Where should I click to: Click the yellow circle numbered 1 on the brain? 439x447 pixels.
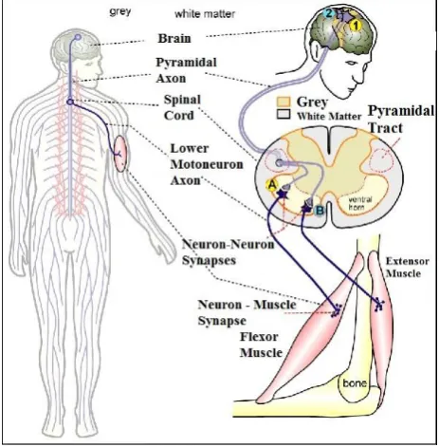pyautogui.click(x=356, y=26)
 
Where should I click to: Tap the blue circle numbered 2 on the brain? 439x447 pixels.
pyautogui.click(x=329, y=13)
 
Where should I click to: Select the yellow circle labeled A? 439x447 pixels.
pyautogui.click(x=272, y=185)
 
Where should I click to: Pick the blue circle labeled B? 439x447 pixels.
pyautogui.click(x=320, y=210)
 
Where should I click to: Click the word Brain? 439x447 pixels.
pyautogui.click(x=174, y=38)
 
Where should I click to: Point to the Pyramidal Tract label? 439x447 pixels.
pyautogui.click(x=401, y=120)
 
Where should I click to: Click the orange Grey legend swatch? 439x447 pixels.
pyautogui.click(x=284, y=102)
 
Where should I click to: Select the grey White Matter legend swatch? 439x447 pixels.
pyautogui.click(x=284, y=115)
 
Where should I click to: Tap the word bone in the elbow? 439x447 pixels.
pyautogui.click(x=355, y=383)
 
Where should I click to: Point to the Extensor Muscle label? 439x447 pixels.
pyautogui.click(x=407, y=268)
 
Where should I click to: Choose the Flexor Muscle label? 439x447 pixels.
pyautogui.click(x=261, y=345)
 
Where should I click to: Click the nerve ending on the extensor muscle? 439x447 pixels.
pyautogui.click(x=378, y=305)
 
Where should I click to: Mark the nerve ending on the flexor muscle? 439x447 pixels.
pyautogui.click(x=337, y=310)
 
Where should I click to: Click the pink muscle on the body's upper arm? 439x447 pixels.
pyautogui.click(x=120, y=154)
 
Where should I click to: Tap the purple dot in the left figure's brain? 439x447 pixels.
pyautogui.click(x=78, y=37)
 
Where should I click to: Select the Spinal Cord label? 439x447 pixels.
pyautogui.click(x=182, y=107)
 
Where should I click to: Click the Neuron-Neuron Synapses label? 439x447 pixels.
pyautogui.click(x=228, y=252)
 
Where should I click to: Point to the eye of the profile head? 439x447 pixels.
pyautogui.click(x=353, y=63)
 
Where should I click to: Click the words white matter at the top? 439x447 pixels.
pyautogui.click(x=205, y=14)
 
